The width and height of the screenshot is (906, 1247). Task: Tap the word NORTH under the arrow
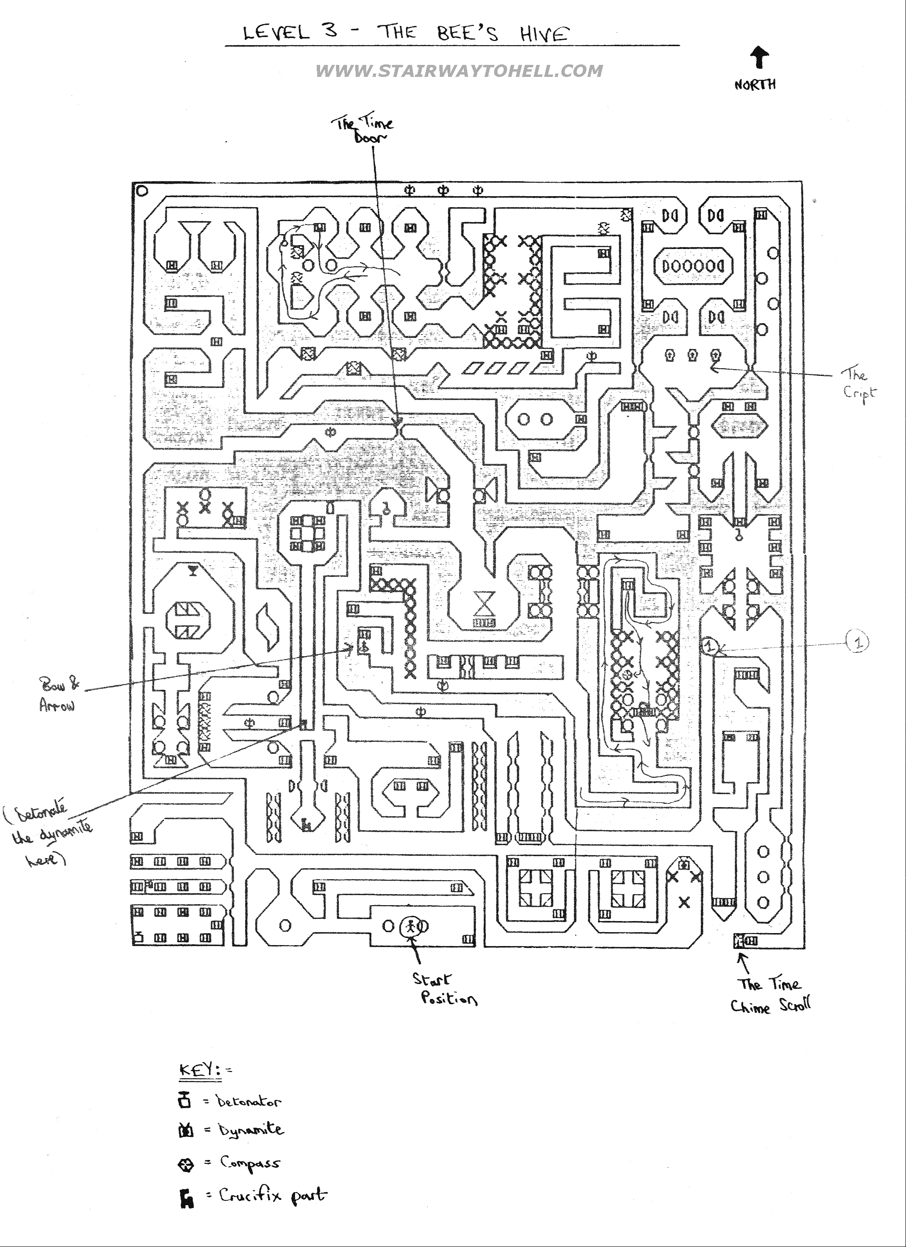(x=755, y=85)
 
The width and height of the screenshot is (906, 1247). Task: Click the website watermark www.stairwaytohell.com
(x=459, y=71)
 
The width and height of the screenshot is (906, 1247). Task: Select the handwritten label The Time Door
(x=363, y=130)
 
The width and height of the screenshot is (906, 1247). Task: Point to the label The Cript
(x=857, y=383)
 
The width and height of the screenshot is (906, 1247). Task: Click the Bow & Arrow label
(x=58, y=695)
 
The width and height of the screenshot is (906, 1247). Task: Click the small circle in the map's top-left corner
(x=142, y=191)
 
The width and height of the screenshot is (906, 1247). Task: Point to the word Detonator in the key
(x=248, y=1102)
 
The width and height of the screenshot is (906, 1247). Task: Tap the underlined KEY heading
(x=199, y=1070)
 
